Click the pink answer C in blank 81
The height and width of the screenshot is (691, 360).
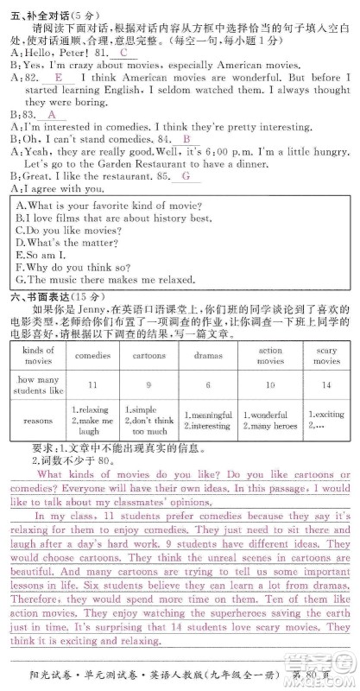coord(123,52)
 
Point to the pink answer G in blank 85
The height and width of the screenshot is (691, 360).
coord(185,176)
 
